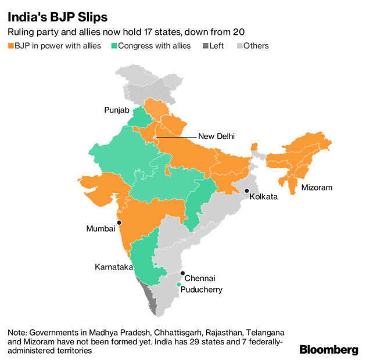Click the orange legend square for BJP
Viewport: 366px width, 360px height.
11,46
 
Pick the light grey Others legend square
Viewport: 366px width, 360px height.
238,46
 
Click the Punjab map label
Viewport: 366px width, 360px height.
116,109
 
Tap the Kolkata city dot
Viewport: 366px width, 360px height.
247,191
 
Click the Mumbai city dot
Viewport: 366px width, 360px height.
119,222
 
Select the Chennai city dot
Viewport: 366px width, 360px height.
182,273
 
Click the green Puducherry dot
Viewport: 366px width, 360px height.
178,284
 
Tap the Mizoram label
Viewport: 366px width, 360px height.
317,188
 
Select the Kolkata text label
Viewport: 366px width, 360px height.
263,197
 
